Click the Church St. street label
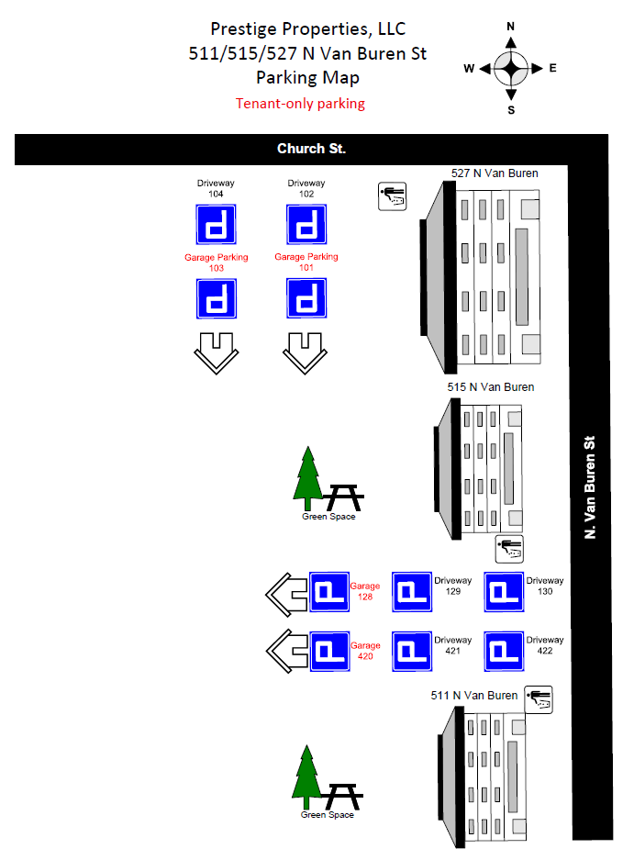click(x=311, y=149)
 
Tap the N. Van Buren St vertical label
click(x=590, y=487)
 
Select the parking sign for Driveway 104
click(x=217, y=224)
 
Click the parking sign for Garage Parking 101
click(x=306, y=298)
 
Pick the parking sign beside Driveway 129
click(x=412, y=592)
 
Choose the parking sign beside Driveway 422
click(x=504, y=651)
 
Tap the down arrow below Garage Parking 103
click(x=217, y=353)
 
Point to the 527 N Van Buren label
click(x=495, y=173)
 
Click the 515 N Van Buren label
click(x=490, y=387)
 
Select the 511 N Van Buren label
click(x=473, y=696)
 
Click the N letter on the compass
click(x=511, y=27)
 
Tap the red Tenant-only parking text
click(x=300, y=104)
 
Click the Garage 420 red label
click(x=365, y=651)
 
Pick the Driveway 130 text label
click(x=545, y=586)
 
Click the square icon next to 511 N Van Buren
click(x=539, y=700)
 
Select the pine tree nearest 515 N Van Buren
click(x=307, y=477)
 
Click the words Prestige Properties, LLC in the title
click(x=307, y=29)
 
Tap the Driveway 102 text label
click(x=306, y=188)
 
